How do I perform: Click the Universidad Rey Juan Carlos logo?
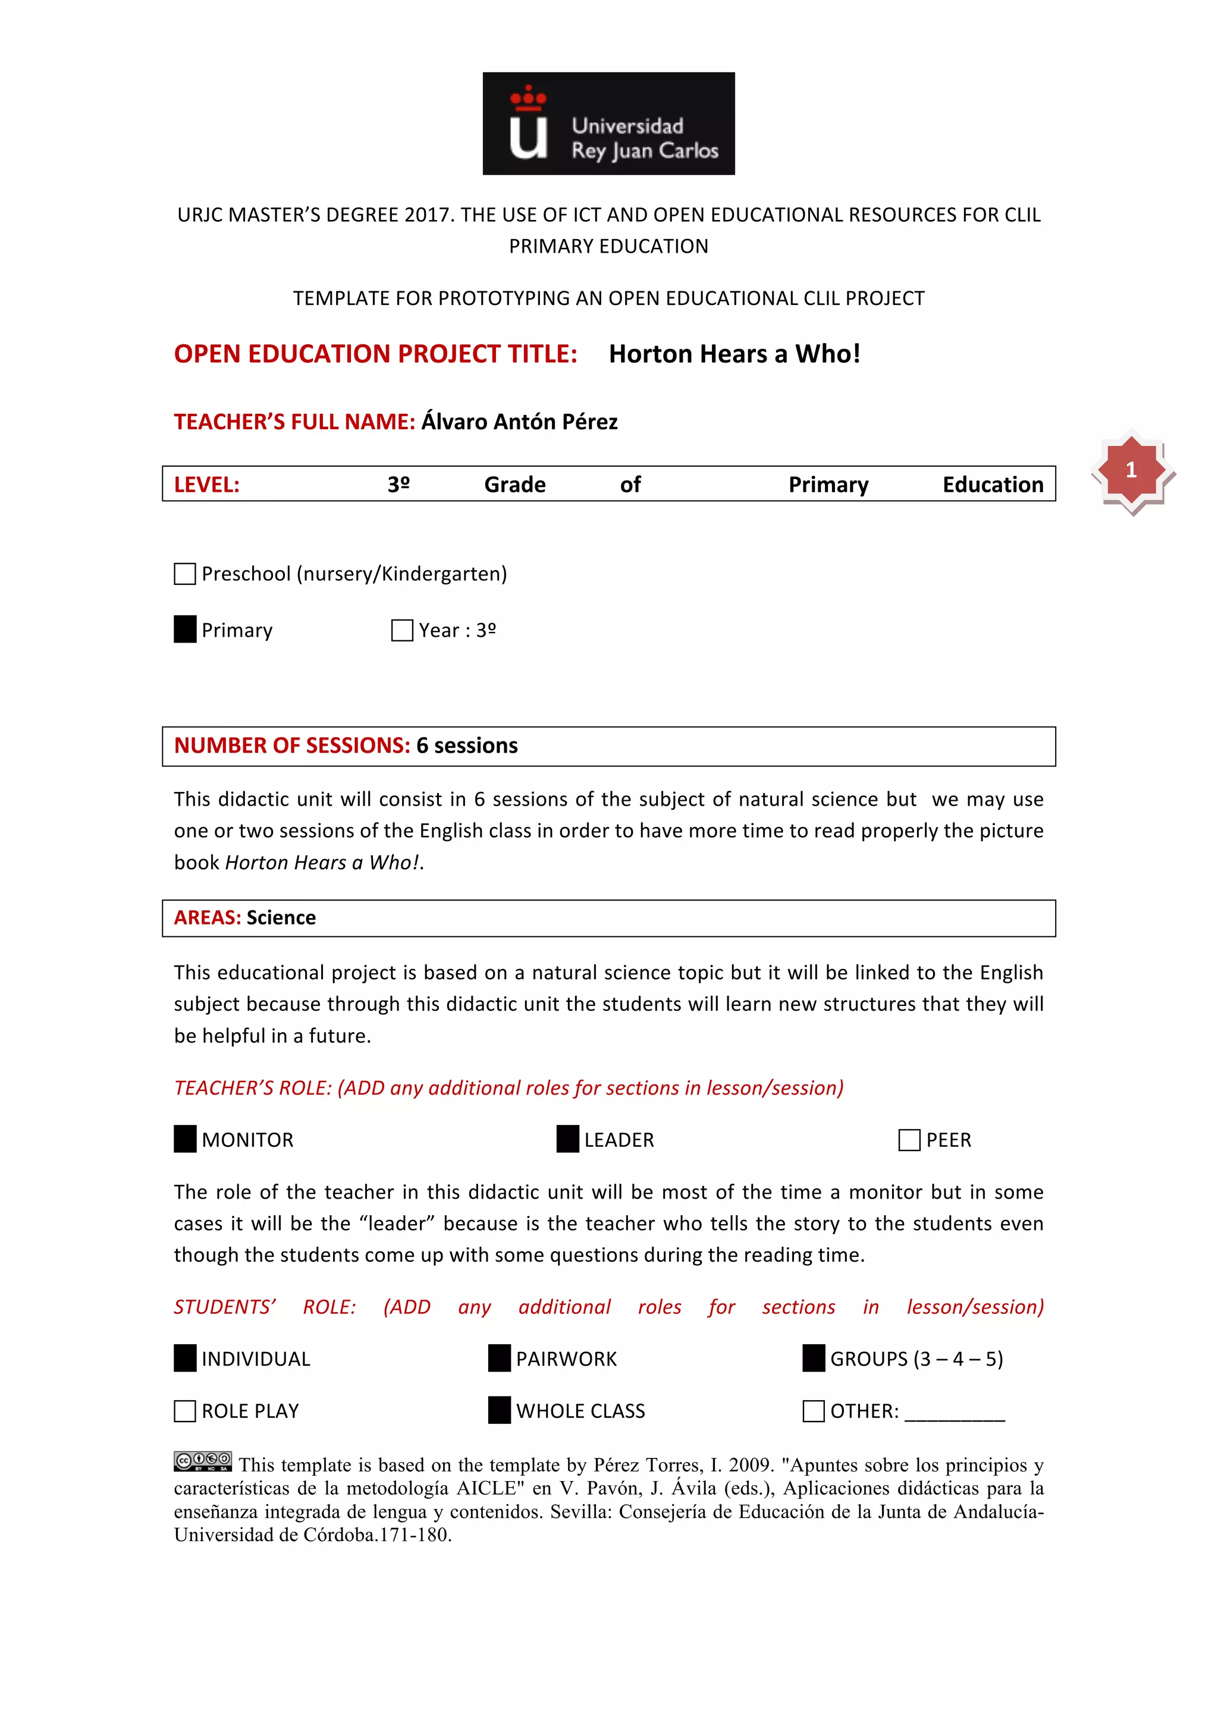pos(608,124)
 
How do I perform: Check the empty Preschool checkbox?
pos(184,574)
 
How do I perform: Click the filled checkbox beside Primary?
pos(184,630)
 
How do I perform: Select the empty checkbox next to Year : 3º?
pos(402,630)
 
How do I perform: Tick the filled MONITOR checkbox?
pos(184,1139)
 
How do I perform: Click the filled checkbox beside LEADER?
pos(567,1139)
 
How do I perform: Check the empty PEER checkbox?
pos(909,1140)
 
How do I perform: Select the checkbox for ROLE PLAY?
pos(184,1411)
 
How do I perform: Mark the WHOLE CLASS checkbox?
pos(499,1410)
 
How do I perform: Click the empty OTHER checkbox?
pos(814,1411)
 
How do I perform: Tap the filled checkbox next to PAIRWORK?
pos(499,1359)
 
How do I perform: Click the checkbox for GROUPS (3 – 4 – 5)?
pos(814,1359)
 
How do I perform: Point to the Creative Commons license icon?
pos(203,1460)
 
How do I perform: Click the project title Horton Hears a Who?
pos(734,354)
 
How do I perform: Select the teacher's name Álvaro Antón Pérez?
pos(519,422)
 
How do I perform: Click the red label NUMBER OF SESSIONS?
pos(292,745)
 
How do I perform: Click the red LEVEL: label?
pos(206,485)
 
